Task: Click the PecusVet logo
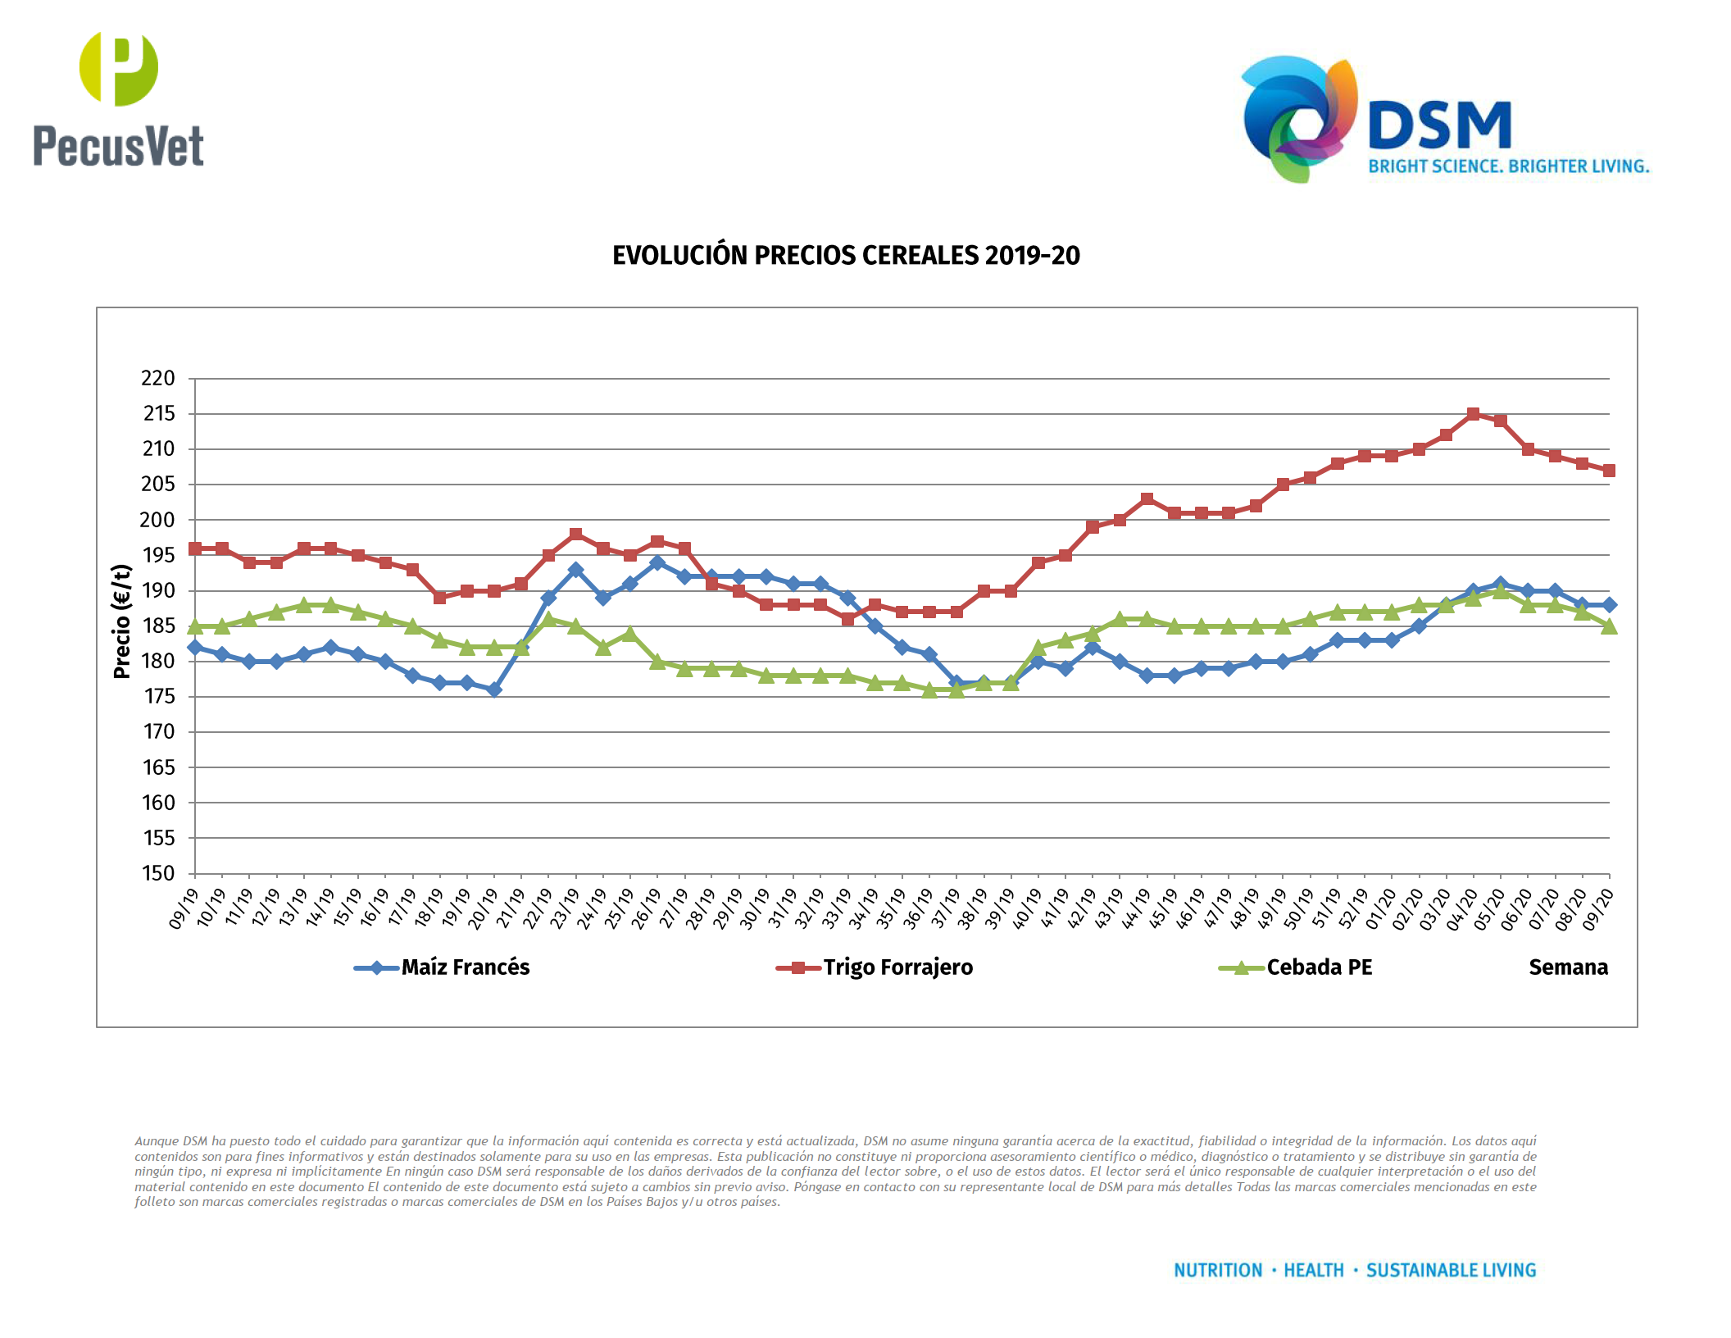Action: [119, 100]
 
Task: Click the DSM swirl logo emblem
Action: [1298, 120]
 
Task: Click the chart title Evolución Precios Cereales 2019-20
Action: [846, 256]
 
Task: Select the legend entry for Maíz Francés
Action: [465, 967]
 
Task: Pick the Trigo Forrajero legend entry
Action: [897, 967]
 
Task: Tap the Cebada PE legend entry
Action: [1319, 967]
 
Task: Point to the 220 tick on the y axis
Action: [158, 379]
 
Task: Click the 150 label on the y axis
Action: [158, 873]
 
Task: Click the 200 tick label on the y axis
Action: [158, 520]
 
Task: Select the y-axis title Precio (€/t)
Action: [122, 621]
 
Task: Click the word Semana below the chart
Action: [1568, 967]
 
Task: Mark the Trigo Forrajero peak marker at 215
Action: [1473, 414]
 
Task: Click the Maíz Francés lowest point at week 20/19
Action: [494, 689]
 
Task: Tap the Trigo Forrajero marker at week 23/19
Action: [575, 534]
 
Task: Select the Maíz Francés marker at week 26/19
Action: [657, 562]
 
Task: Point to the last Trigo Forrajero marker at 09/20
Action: [1609, 471]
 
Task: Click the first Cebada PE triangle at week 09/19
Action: [195, 627]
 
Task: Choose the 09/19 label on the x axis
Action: [184, 908]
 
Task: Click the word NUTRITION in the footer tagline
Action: [1218, 1270]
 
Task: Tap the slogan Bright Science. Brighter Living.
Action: [1508, 166]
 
